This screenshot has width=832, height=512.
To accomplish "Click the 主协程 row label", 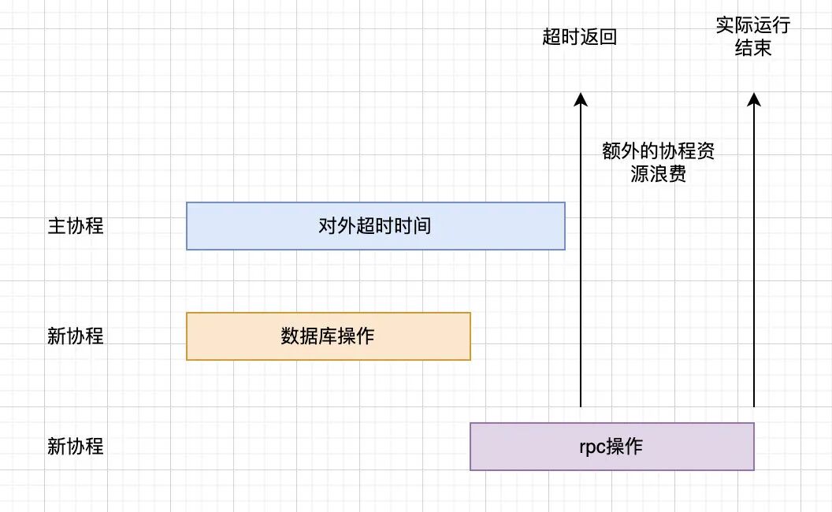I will (76, 226).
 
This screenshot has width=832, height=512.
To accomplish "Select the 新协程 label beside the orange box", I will (76, 336).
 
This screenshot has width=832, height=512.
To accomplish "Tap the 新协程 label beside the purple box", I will (76, 447).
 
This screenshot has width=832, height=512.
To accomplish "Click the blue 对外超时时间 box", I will (376, 226).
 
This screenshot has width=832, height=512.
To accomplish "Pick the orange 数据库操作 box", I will (328, 336).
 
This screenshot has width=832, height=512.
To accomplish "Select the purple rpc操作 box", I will (611, 447).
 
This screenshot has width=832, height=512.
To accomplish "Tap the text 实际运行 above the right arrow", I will (753, 25).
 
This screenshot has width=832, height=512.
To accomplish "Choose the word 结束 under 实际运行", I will (753, 49).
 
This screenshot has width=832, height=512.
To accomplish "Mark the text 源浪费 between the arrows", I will (659, 175).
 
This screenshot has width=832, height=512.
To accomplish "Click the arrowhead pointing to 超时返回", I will (581, 98).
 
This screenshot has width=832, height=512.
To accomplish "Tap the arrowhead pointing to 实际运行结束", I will (754, 98).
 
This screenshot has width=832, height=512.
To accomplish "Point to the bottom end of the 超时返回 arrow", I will (581, 406).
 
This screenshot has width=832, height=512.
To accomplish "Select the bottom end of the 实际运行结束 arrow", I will (754, 406).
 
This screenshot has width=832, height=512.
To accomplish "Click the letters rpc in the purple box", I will (592, 447).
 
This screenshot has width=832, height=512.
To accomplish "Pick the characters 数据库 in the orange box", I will (304, 336).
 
